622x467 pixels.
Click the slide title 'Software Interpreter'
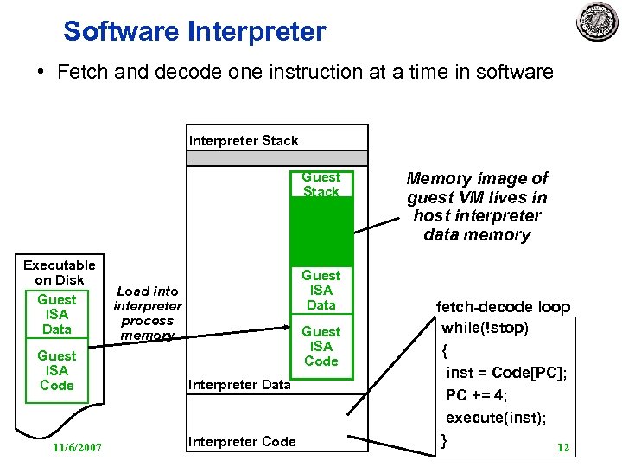(194, 32)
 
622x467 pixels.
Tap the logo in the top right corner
(597, 22)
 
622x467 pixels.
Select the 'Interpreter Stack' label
(244, 140)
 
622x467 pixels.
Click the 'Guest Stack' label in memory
(321, 184)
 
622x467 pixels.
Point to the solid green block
(321, 231)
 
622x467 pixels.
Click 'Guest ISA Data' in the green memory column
(321, 290)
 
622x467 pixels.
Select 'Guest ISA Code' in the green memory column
(321, 346)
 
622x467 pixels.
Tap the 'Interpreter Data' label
(239, 384)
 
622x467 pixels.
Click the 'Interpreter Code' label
(242, 441)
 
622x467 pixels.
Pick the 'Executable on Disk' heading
(59, 272)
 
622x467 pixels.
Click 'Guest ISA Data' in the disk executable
(57, 314)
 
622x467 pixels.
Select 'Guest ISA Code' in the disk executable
(57, 370)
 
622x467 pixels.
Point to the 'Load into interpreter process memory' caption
(148, 313)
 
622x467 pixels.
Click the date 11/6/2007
(77, 447)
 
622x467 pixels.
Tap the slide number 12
(563, 447)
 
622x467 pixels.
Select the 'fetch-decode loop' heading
(503, 307)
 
